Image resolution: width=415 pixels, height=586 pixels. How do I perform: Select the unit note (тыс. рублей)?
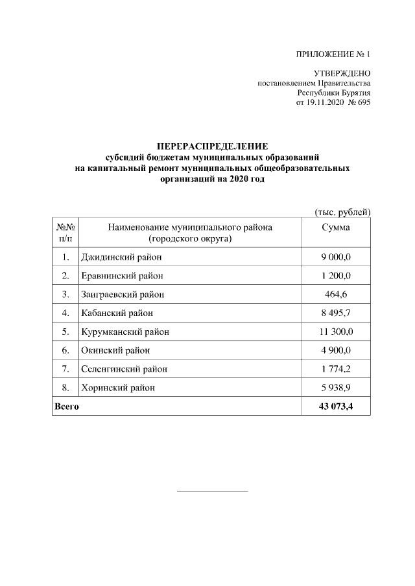342,212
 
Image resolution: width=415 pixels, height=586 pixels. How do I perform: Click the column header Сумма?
336,228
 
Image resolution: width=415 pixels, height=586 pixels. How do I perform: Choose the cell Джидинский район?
121,258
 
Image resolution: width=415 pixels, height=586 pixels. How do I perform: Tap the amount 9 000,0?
336,258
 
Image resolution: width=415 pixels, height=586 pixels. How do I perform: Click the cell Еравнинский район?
122,276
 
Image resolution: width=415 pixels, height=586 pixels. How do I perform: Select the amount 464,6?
336,295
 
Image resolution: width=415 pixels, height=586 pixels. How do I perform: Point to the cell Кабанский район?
117,313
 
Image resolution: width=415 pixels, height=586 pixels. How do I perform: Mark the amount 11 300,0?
336,332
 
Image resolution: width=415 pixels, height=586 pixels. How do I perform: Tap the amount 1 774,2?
336,369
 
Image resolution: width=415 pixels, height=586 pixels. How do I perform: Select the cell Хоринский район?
118,388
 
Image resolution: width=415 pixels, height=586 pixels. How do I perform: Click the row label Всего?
67,407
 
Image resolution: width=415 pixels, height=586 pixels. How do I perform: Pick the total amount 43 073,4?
336,407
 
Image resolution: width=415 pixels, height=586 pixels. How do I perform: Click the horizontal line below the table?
213,491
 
